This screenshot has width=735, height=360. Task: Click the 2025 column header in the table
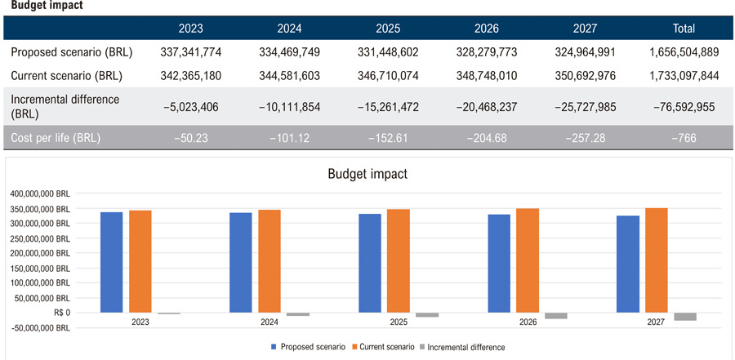(388, 29)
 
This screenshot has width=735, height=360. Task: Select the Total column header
(684, 29)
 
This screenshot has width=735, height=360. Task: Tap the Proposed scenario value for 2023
(191, 52)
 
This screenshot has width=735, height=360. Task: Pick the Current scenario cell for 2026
(487, 76)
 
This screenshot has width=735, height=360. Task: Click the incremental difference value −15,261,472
(388, 107)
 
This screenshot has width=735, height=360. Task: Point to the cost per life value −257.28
(585, 139)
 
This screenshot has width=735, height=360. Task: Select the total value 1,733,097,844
(684, 76)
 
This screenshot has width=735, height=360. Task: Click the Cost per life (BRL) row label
(56, 139)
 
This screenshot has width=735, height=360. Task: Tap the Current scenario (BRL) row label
(67, 76)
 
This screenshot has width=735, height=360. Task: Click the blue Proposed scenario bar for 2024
(240, 263)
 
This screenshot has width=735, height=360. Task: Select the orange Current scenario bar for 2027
(657, 260)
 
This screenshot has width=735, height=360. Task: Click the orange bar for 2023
(140, 261)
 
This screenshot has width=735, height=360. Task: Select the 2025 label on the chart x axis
(398, 322)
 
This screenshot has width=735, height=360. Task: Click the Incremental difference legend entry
(461, 347)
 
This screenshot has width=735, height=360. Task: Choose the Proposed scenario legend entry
(309, 347)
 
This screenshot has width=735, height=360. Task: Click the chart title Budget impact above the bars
(367, 174)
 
